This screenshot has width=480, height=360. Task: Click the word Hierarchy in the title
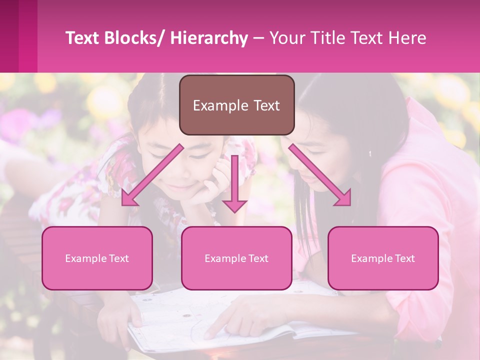pyautogui.click(x=209, y=38)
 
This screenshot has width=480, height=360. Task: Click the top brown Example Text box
pyautogui.click(x=236, y=105)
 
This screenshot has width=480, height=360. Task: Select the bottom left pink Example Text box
pyautogui.click(x=97, y=258)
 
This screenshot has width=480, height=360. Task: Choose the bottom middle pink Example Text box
pyautogui.click(x=236, y=258)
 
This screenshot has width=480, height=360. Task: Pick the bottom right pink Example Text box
pyautogui.click(x=383, y=258)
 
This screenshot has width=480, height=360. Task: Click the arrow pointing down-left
pyautogui.click(x=150, y=175)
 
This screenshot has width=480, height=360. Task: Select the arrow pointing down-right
pyautogui.click(x=320, y=175)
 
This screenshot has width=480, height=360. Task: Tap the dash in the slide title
pyautogui.click(x=258, y=38)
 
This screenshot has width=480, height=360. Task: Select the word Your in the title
pyautogui.click(x=287, y=38)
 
